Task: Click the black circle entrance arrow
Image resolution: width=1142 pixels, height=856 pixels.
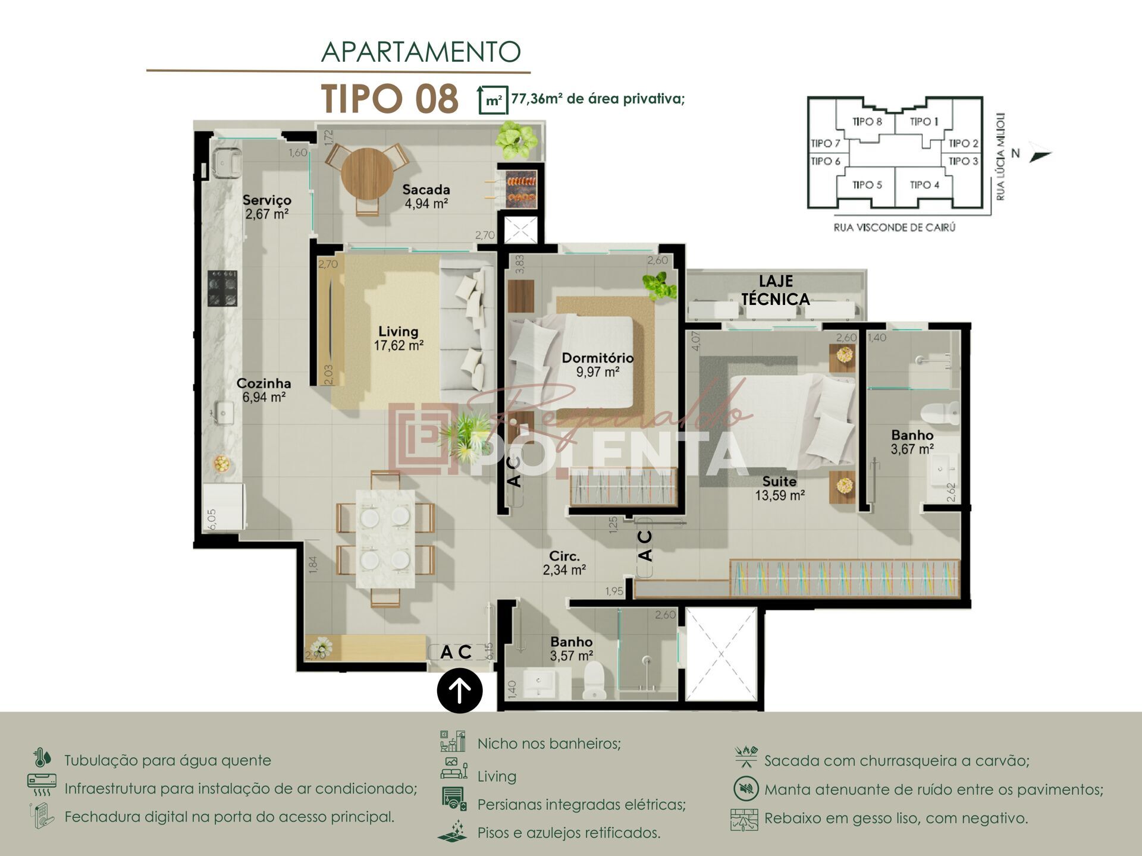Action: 459,691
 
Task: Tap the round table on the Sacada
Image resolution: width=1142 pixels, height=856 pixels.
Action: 367,173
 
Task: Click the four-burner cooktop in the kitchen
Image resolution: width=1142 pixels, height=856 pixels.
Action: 222,288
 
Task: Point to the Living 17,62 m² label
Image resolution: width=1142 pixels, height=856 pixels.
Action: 398,338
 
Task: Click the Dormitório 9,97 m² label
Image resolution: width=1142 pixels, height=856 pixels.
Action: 597,364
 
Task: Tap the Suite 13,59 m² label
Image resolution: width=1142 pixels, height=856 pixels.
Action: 779,488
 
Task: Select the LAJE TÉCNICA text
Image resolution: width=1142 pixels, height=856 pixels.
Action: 775,290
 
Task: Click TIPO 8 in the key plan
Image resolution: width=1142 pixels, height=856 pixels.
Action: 867,122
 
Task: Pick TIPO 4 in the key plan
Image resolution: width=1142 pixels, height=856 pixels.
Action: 924,185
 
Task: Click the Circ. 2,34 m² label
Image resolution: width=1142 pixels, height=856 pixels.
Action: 564,563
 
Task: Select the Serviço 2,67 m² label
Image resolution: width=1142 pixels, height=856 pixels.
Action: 266,207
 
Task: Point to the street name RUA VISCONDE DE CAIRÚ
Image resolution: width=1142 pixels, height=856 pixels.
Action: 894,228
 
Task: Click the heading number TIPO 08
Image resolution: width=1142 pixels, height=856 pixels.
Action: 390,99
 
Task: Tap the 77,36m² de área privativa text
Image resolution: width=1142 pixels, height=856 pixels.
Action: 597,99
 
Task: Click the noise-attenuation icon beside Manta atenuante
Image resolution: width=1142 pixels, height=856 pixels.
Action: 745,789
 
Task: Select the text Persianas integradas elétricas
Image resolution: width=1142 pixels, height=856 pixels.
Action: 581,804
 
